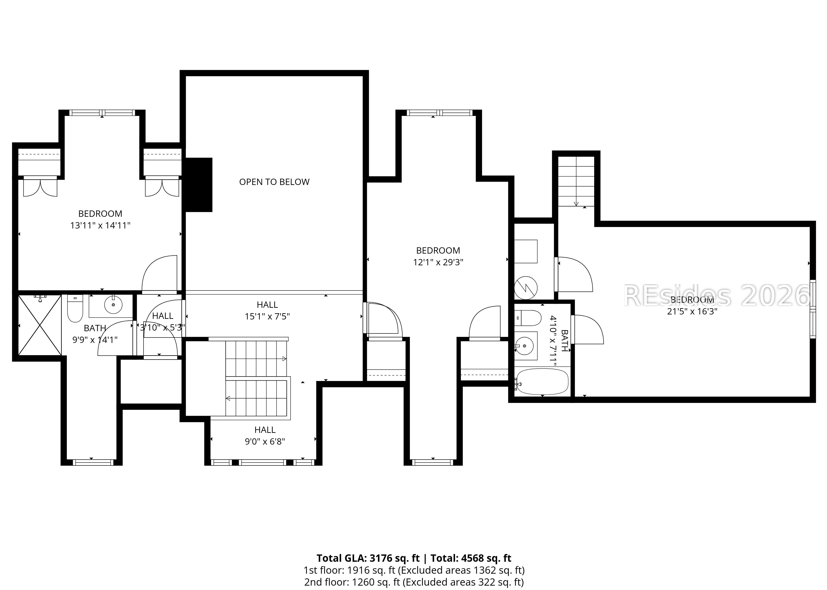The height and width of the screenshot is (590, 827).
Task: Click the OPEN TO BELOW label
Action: point(274,182)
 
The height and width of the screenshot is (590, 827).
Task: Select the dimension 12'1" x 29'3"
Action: point(438,262)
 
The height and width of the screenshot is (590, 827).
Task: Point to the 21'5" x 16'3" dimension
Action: point(692,311)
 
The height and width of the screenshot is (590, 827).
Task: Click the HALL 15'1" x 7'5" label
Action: point(267,311)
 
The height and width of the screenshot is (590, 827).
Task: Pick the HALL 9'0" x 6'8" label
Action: point(265,436)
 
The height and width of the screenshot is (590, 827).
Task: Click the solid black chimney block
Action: point(198,185)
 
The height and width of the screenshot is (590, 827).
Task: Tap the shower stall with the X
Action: point(40,325)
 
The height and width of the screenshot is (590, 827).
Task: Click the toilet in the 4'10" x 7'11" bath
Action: point(529,318)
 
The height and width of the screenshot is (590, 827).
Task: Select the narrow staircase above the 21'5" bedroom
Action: point(576,181)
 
